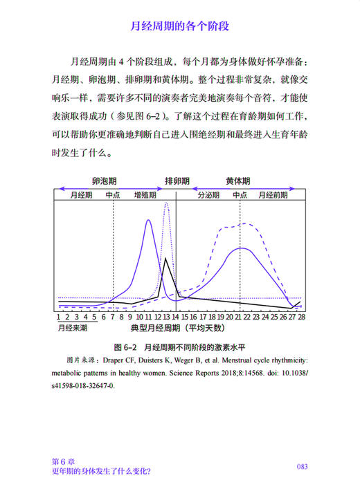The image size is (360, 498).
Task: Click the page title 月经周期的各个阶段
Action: (179, 27)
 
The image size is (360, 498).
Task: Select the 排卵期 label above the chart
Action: (177, 181)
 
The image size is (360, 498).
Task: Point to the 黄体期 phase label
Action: (238, 181)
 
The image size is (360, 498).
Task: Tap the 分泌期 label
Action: (208, 195)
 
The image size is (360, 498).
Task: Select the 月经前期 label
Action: (273, 195)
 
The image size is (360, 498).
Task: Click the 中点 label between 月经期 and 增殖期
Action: (114, 195)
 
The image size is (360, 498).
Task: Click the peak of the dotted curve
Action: (165, 204)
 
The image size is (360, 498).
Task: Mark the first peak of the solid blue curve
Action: (149, 220)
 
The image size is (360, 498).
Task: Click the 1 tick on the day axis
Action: (60, 316)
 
